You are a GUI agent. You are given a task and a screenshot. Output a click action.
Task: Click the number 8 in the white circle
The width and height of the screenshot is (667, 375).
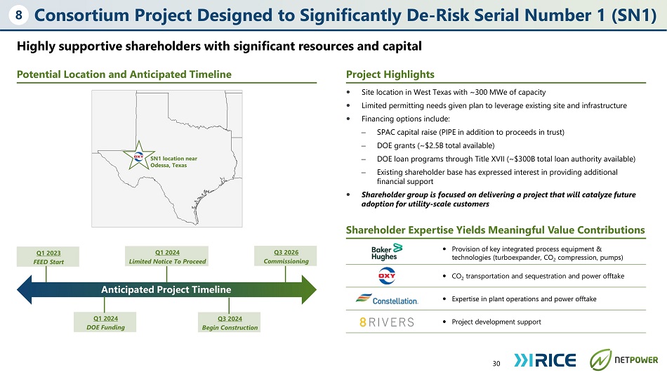click(x=19, y=15)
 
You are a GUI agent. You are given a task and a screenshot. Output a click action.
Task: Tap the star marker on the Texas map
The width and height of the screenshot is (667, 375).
click(x=139, y=156)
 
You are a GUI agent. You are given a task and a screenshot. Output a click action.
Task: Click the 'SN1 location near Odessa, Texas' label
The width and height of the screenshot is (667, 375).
click(x=173, y=162)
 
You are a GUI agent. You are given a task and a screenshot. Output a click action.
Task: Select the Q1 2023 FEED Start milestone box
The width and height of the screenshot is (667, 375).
click(x=48, y=257)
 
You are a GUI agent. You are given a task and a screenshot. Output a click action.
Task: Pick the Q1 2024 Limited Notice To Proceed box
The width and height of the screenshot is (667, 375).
click(x=167, y=256)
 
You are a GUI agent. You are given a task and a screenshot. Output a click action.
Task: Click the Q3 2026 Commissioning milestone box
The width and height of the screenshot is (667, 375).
click(x=286, y=256)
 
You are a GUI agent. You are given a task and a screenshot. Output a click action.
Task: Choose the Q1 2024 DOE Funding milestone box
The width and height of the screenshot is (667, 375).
click(x=105, y=322)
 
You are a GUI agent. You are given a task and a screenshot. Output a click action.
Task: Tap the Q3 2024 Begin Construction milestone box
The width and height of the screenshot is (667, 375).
click(x=230, y=322)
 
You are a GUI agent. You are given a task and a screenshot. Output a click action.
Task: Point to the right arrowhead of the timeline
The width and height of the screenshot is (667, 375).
click(x=309, y=289)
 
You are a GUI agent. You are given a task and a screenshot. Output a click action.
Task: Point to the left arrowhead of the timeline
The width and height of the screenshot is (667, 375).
click(x=25, y=289)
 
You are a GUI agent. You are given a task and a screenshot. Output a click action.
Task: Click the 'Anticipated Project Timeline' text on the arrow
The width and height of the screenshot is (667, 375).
click(x=166, y=289)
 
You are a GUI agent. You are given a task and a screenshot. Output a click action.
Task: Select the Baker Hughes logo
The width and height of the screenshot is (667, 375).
click(x=386, y=252)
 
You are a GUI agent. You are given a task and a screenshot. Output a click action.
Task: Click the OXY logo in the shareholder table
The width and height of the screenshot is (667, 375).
click(x=387, y=276)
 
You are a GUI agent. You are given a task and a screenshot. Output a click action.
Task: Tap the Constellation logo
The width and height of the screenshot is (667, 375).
click(x=387, y=299)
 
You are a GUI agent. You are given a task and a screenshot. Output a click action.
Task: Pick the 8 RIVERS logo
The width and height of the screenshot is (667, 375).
click(x=387, y=322)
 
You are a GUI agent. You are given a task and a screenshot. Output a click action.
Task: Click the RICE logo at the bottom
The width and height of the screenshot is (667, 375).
click(x=545, y=360)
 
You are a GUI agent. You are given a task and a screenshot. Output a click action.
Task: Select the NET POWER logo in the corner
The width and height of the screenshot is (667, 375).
click(x=623, y=360)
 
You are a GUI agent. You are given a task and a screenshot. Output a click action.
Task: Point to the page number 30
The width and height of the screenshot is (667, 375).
click(x=496, y=363)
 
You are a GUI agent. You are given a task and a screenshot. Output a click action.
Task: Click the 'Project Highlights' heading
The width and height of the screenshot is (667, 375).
click(x=390, y=74)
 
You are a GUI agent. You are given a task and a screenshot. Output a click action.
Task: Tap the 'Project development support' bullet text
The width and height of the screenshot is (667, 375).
click(x=496, y=322)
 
